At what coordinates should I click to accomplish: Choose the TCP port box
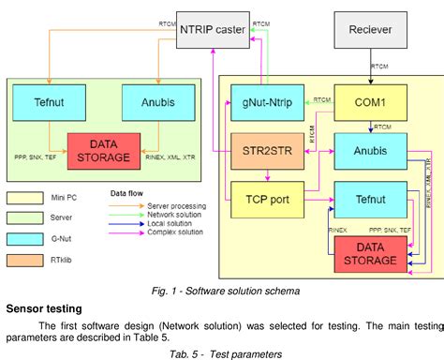click(265, 199)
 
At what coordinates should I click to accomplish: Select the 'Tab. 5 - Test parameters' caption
click(222, 353)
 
